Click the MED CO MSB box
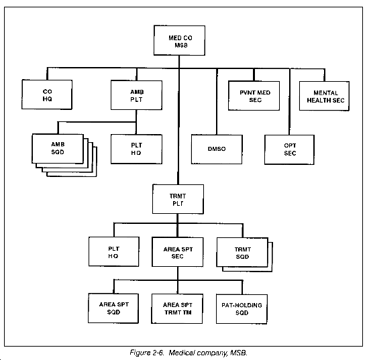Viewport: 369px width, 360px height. pyautogui.click(x=179, y=40)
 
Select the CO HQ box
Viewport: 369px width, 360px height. pyautogui.click(x=47, y=95)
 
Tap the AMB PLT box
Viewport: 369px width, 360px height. pyautogui.click(x=136, y=95)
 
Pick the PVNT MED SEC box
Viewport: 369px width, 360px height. pyautogui.click(x=254, y=96)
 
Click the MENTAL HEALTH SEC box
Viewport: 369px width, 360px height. pyautogui.click(x=324, y=96)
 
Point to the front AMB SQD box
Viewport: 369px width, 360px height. pyautogui.click(x=58, y=149)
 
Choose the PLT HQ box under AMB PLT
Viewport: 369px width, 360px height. pyautogui.click(x=136, y=149)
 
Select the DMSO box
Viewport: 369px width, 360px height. pyautogui.click(x=217, y=149)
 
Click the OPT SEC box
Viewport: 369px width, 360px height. pyautogui.click(x=289, y=149)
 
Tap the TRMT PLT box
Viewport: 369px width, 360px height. pyautogui.click(x=178, y=199)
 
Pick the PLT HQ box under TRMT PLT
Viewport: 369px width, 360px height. pyautogui.click(x=114, y=251)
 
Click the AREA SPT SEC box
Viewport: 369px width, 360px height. pyautogui.click(x=178, y=252)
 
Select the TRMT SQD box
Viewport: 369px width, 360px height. pyautogui.click(x=242, y=252)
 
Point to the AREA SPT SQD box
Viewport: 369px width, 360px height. pyautogui.click(x=113, y=308)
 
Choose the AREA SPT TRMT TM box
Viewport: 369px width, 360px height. pyautogui.click(x=177, y=309)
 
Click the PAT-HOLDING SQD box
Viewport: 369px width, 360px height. pyautogui.click(x=242, y=309)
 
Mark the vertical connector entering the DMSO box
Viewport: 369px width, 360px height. pyautogui.click(x=217, y=102)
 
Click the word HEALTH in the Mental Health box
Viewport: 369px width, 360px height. pyautogui.click(x=317, y=101)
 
